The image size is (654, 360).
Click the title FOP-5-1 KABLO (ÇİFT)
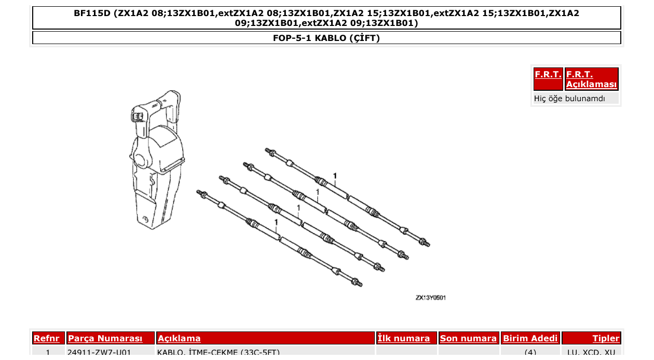326,38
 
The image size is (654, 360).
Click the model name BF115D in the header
92,13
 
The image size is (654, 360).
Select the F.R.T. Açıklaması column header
591,79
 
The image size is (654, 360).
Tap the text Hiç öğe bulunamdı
569,99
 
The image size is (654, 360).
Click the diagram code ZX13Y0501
430,298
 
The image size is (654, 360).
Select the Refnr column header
47,338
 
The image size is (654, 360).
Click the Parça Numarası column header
105,338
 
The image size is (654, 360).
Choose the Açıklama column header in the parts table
179,338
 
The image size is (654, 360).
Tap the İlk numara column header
404,338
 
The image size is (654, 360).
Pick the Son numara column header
468,338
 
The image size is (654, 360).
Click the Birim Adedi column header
530,338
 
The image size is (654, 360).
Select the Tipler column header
606,338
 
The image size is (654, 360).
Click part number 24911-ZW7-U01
99,353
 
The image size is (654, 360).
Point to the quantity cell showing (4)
530,353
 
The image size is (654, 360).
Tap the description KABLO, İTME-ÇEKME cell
219,353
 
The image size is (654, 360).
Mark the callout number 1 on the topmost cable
335,176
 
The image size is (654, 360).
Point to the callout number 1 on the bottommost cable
277,222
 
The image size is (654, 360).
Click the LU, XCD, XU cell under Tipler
591,353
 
